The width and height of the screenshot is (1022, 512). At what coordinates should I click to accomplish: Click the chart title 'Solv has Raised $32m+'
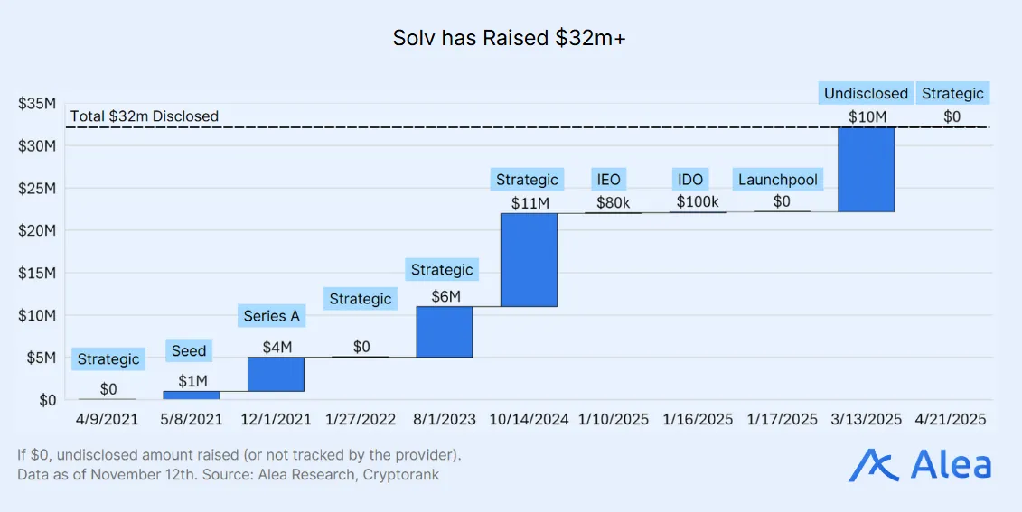[x=511, y=38]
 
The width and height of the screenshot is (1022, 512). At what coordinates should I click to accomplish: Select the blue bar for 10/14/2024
[x=529, y=260]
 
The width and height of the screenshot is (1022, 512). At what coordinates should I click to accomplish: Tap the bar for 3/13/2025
[x=866, y=169]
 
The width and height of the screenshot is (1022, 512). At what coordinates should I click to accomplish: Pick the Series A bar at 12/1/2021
[x=276, y=374]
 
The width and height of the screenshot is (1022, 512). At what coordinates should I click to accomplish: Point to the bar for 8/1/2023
[x=444, y=331]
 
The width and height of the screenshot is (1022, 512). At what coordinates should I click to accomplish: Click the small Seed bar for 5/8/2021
[x=191, y=395]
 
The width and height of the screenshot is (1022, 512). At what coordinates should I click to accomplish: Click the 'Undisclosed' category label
[x=866, y=93]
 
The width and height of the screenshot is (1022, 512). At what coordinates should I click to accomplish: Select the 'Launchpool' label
[x=778, y=180]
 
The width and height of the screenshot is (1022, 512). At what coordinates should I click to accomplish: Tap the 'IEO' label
[x=608, y=180]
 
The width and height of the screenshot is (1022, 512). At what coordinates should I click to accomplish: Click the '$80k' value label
[x=614, y=202]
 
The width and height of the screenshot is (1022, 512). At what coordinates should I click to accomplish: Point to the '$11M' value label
[x=529, y=202]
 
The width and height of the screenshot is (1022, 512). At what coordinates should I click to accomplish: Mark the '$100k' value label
[x=697, y=202]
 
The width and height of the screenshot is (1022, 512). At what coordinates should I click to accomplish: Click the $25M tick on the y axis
[x=37, y=188]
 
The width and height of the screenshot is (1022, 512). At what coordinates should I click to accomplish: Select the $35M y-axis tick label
[x=37, y=104]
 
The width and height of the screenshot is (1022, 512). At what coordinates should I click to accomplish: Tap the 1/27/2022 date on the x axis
[x=360, y=420]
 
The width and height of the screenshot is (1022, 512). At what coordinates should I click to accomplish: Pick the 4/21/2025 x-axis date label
[x=950, y=420]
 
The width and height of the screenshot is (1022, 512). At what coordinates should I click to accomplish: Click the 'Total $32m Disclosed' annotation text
[x=145, y=116]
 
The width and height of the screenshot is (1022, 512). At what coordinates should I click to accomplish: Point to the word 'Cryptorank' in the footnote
[x=400, y=475]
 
